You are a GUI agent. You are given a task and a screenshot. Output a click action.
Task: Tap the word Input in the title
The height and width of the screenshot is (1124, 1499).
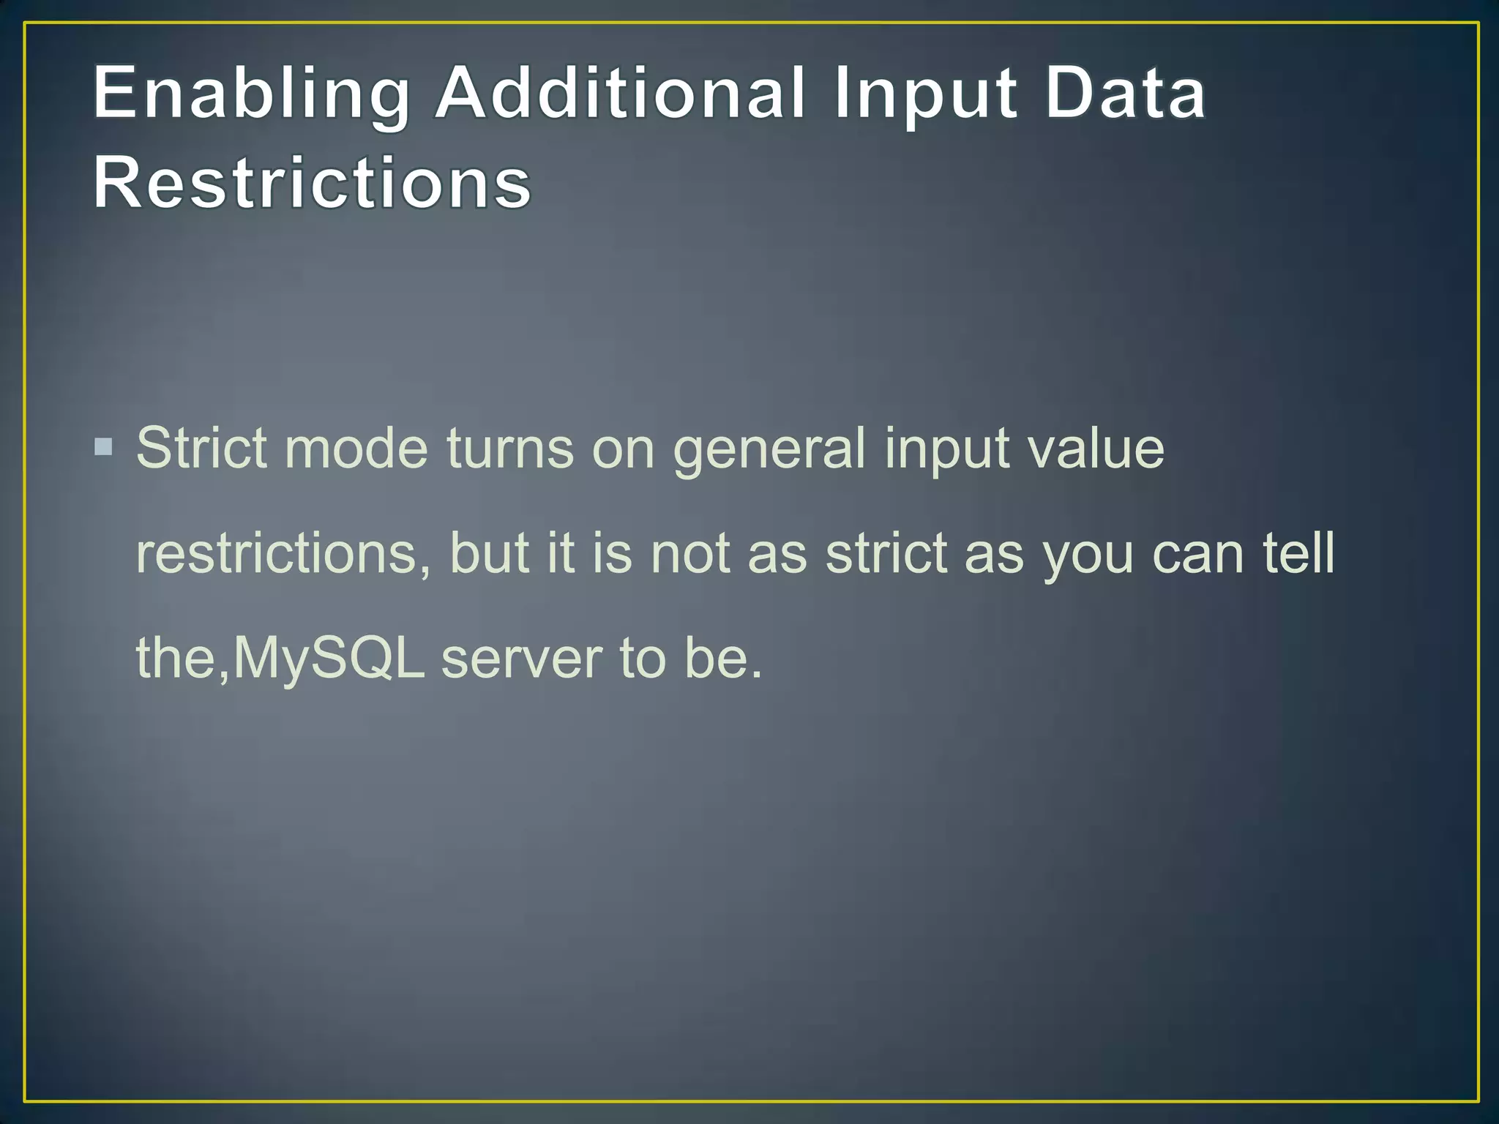924,95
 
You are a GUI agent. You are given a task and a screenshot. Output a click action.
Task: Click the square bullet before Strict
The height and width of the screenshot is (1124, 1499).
104,446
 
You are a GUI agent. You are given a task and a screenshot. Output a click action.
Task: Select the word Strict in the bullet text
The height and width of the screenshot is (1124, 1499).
201,448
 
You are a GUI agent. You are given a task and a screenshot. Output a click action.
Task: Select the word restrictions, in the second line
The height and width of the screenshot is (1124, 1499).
283,554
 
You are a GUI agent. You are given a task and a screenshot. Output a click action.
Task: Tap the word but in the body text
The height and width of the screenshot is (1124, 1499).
489,554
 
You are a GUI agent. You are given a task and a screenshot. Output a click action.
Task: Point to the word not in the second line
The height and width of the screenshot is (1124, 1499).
689,554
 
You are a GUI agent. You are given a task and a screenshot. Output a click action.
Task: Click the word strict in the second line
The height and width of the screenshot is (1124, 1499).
886,554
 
